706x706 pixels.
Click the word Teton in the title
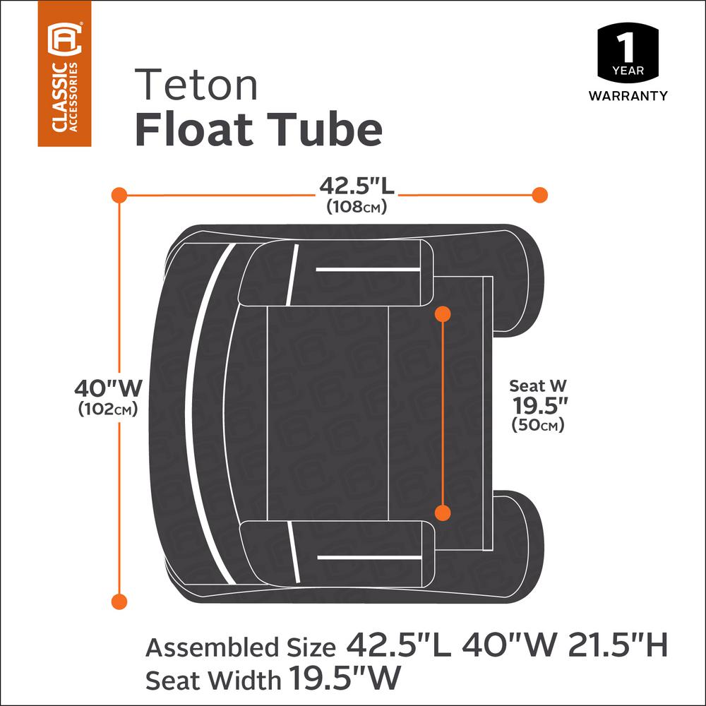[197, 84]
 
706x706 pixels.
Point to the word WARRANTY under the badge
[628, 96]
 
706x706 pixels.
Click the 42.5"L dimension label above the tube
[356, 187]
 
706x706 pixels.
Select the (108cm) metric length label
[356, 207]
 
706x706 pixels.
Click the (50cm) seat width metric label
[539, 426]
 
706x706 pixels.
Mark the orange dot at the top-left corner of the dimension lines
[119, 194]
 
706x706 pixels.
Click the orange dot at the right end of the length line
[539, 194]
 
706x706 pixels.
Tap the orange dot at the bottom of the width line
[119, 601]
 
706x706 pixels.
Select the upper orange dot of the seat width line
[443, 313]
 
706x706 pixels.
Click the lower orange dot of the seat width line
[443, 514]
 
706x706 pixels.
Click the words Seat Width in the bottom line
[213, 680]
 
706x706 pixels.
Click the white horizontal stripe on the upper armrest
[364, 269]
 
